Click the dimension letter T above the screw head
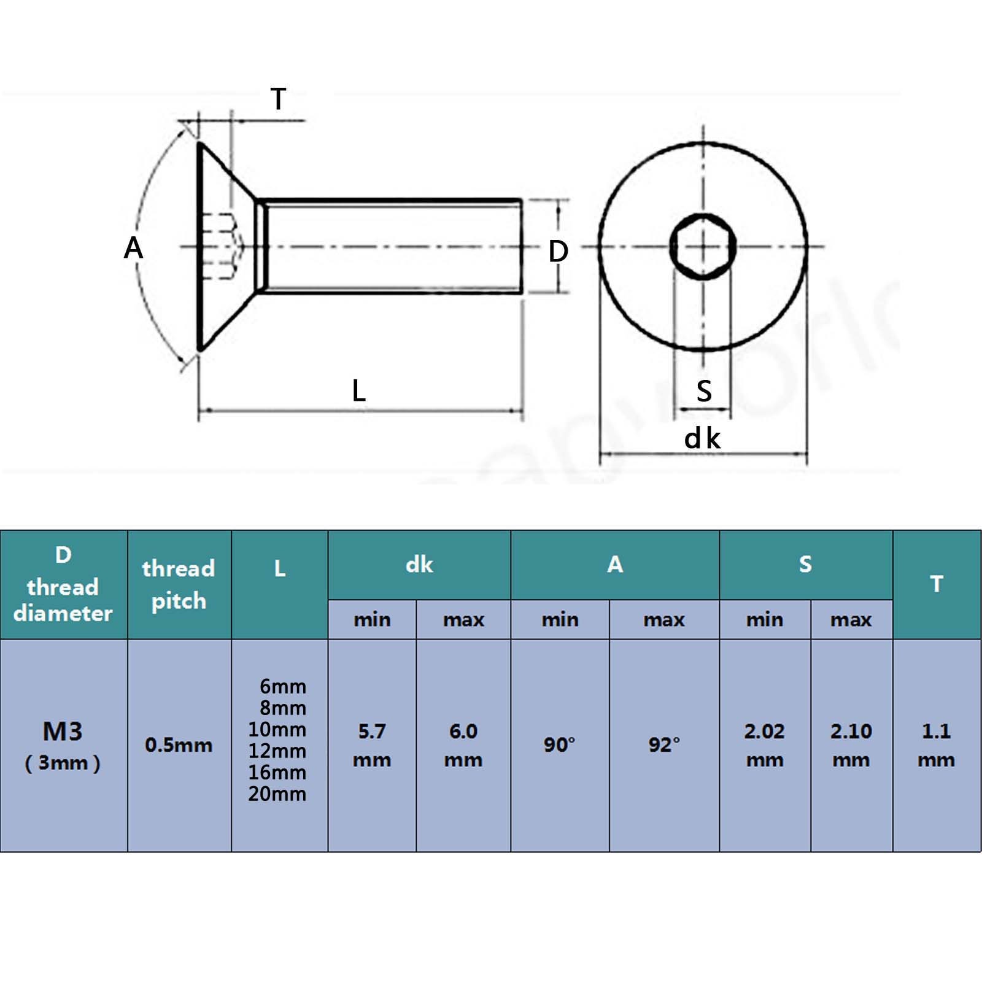pyautogui.click(x=278, y=99)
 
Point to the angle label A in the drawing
pyautogui.click(x=133, y=248)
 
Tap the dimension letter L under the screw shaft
pyautogui.click(x=359, y=390)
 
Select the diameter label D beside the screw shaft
pyautogui.click(x=558, y=251)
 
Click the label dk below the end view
pyautogui.click(x=702, y=439)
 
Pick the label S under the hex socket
pyautogui.click(x=704, y=391)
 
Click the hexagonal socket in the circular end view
pyautogui.click(x=703, y=247)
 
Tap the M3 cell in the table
pyautogui.click(x=63, y=732)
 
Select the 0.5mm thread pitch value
pyautogui.click(x=179, y=745)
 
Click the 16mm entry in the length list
pyautogui.click(x=277, y=772)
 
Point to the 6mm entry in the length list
pyautogui.click(x=282, y=686)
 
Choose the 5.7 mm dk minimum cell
pyautogui.click(x=372, y=744)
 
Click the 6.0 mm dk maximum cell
pyautogui.click(x=463, y=744)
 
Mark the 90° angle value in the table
pyautogui.click(x=559, y=745)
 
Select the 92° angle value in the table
pyautogui.click(x=664, y=745)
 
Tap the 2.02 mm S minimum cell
pyautogui.click(x=765, y=744)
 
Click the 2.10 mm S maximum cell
pyautogui.click(x=851, y=744)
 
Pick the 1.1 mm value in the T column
pyautogui.click(x=936, y=744)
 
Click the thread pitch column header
pyautogui.click(x=179, y=584)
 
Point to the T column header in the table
pyautogui.click(x=936, y=584)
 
